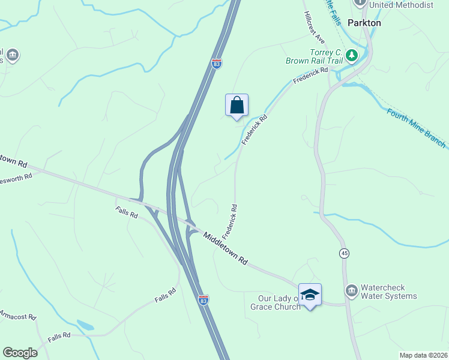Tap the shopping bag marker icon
(x=237, y=105)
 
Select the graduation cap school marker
(x=310, y=294)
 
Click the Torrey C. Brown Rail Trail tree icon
(x=352, y=56)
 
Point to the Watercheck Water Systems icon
(x=351, y=292)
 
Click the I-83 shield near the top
(x=217, y=64)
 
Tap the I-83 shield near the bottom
(x=203, y=298)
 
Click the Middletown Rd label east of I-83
(x=225, y=248)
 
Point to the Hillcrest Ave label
(x=314, y=28)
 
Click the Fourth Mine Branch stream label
(x=416, y=128)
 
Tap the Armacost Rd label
(x=18, y=316)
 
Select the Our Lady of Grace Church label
(x=275, y=302)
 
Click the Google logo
(x=20, y=353)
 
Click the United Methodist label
(x=401, y=5)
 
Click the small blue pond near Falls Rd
(x=85, y=325)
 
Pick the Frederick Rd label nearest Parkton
(x=311, y=77)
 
